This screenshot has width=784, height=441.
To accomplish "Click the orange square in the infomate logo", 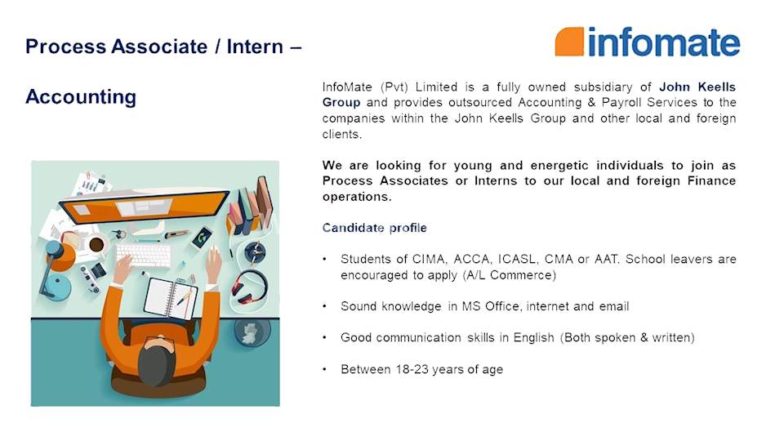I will (x=569, y=42).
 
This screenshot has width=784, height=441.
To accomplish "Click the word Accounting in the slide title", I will (x=81, y=97).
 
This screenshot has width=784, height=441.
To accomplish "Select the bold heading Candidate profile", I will (x=374, y=227).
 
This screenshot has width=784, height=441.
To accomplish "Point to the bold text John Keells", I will (x=697, y=86).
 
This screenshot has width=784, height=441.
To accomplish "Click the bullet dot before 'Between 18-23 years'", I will (x=324, y=369).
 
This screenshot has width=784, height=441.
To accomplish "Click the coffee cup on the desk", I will (x=96, y=244).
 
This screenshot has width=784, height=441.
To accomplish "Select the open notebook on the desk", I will (x=171, y=297).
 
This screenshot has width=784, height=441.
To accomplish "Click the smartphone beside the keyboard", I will (x=202, y=237).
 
